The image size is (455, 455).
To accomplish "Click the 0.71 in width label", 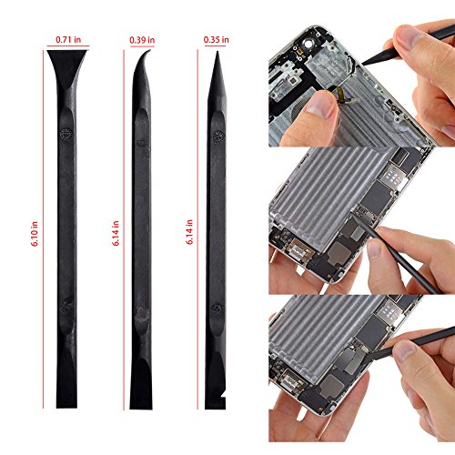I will click(x=69, y=40).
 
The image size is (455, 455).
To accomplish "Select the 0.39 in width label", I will click(x=141, y=40).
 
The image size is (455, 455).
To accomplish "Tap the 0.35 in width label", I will click(x=217, y=40).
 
